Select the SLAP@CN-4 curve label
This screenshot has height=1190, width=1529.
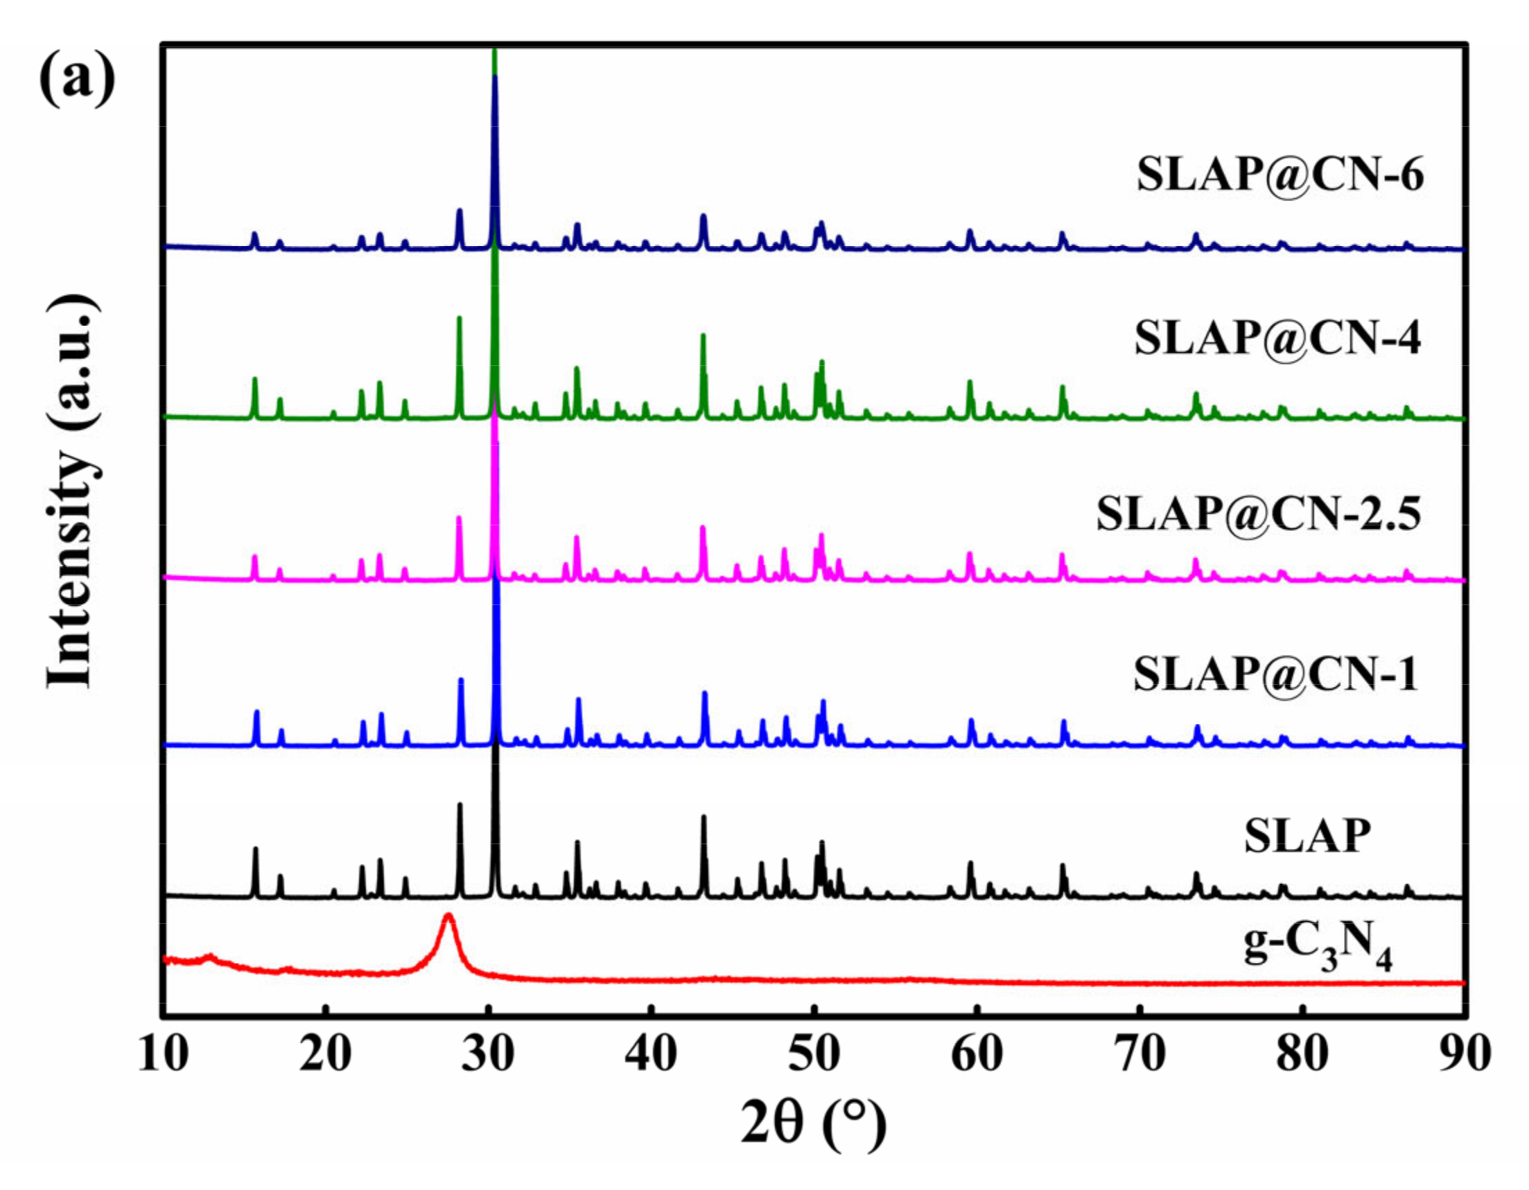pos(1277,339)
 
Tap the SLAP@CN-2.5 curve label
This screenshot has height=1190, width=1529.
pos(1259,514)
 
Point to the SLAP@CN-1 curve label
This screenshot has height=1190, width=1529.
pos(1275,675)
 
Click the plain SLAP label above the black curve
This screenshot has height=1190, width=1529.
pos(1307,836)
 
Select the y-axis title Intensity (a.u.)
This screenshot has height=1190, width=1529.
pos(70,490)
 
